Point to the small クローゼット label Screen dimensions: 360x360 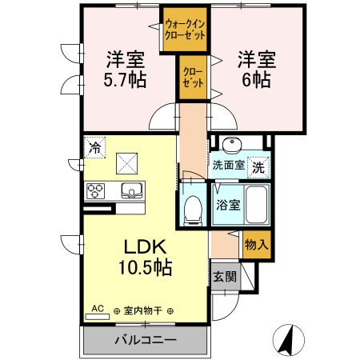[191, 77]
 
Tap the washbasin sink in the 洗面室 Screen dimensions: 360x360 [233, 146]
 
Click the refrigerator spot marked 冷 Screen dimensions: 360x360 [95, 147]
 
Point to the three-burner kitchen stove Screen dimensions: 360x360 [98, 190]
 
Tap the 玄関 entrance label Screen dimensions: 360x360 [225, 278]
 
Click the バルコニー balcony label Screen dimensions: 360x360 [146, 339]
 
